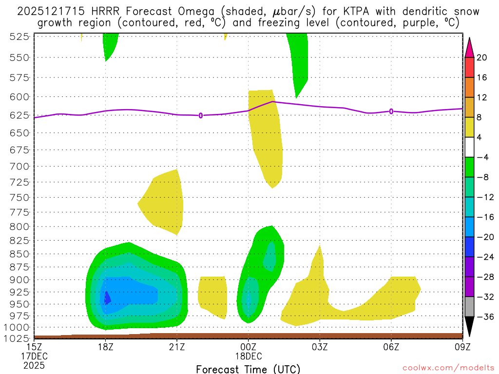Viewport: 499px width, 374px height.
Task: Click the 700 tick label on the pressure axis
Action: (x=20, y=167)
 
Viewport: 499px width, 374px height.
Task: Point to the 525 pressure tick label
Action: (x=20, y=37)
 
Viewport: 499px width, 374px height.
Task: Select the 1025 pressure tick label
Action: (x=18, y=338)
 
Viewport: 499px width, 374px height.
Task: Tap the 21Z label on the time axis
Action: (x=177, y=347)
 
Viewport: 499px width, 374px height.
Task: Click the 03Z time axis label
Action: (x=320, y=347)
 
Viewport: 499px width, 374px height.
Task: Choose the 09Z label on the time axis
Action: (x=462, y=347)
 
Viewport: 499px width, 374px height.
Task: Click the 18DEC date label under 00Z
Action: (x=249, y=356)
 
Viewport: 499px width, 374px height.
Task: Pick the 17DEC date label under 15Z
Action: (x=34, y=356)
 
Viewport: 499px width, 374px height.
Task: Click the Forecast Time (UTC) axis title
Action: (x=249, y=369)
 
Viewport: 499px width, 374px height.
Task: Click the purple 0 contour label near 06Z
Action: (x=391, y=112)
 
